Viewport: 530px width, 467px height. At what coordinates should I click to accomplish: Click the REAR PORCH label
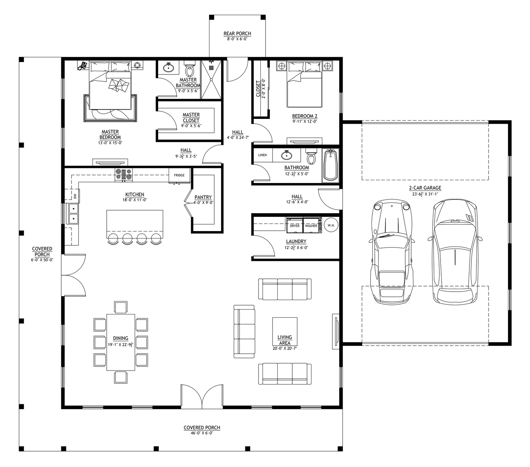(x=237, y=33)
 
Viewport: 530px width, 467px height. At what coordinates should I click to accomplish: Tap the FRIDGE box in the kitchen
(x=179, y=175)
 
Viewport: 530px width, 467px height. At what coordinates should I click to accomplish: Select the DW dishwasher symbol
(x=75, y=196)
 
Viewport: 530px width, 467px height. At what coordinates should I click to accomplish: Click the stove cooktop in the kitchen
(x=124, y=175)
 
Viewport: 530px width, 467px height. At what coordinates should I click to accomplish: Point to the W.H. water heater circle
(x=331, y=225)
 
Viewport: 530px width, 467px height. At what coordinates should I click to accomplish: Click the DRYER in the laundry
(x=295, y=226)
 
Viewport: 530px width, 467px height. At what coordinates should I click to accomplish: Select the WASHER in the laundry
(x=311, y=226)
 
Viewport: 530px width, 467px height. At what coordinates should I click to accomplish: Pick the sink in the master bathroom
(x=169, y=68)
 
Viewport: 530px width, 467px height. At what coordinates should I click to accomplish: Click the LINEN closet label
(x=262, y=155)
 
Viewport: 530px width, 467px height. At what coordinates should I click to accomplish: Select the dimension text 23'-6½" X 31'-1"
(x=425, y=194)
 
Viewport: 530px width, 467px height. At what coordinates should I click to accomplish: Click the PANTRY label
(x=203, y=197)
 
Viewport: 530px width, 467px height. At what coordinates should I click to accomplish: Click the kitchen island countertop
(x=135, y=221)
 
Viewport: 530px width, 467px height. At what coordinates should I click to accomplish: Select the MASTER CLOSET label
(x=191, y=117)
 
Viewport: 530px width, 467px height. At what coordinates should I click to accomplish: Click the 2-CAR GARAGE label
(x=425, y=188)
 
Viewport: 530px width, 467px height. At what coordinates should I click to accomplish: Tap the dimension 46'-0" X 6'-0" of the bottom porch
(x=202, y=433)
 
